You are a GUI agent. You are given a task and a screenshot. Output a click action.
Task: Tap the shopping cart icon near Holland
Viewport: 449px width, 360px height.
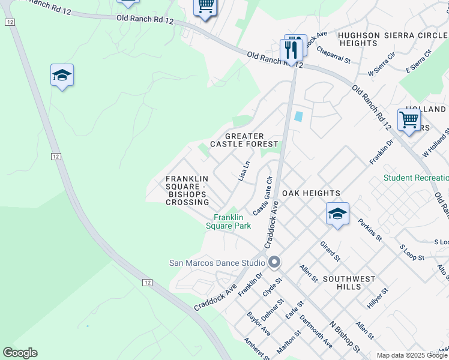[x=409, y=120]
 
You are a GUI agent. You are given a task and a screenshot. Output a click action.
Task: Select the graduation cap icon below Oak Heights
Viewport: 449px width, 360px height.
[x=337, y=214]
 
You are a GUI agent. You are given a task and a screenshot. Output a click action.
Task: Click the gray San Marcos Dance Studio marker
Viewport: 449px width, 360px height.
[x=275, y=262]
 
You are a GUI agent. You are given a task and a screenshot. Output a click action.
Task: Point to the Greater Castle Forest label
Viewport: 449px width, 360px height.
[x=244, y=140]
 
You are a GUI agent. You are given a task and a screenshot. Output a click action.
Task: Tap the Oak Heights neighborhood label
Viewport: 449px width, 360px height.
[x=311, y=193]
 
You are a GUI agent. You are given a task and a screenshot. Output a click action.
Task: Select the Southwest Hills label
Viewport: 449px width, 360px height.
[x=349, y=283]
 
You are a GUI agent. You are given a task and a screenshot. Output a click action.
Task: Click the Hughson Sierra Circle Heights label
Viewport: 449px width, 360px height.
[x=393, y=40]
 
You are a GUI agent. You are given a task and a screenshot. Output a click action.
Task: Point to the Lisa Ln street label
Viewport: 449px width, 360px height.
[x=244, y=171]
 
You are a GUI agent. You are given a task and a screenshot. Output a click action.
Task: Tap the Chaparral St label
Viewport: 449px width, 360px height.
[x=333, y=55]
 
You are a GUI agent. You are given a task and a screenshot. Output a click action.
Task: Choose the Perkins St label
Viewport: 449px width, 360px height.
[x=370, y=229]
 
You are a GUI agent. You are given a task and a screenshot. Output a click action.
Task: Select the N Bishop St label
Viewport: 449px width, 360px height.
[x=345, y=337]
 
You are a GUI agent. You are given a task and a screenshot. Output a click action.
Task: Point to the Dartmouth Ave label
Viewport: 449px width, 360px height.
[x=316, y=331]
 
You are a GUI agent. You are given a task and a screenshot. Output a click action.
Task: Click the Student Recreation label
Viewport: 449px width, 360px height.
[x=416, y=178]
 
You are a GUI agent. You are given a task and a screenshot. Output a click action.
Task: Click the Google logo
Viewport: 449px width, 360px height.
[x=20, y=353]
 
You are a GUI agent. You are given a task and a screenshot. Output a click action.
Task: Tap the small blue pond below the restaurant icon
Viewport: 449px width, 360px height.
[x=298, y=117]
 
